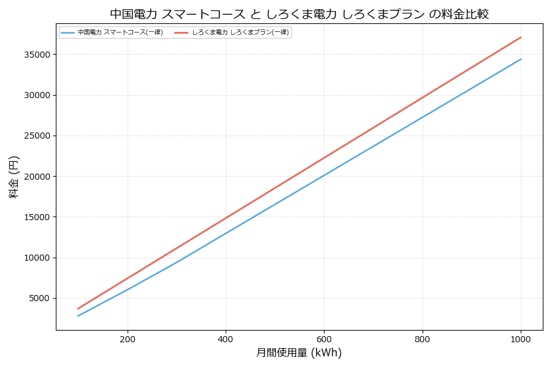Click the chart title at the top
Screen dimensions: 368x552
coord(299,13)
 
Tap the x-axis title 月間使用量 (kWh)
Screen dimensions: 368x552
coord(299,353)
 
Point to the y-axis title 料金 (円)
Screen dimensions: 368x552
coord(13,177)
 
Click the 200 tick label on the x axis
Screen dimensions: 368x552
coord(128,339)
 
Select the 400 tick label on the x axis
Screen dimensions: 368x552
coord(226,339)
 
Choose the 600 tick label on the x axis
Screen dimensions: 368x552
coord(324,339)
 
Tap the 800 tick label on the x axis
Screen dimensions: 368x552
coord(422,339)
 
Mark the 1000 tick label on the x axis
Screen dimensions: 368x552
coord(521,339)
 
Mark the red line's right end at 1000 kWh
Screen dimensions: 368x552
coord(521,37)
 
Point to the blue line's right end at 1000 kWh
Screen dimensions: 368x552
coord(521,59)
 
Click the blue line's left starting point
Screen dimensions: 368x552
coord(78,316)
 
